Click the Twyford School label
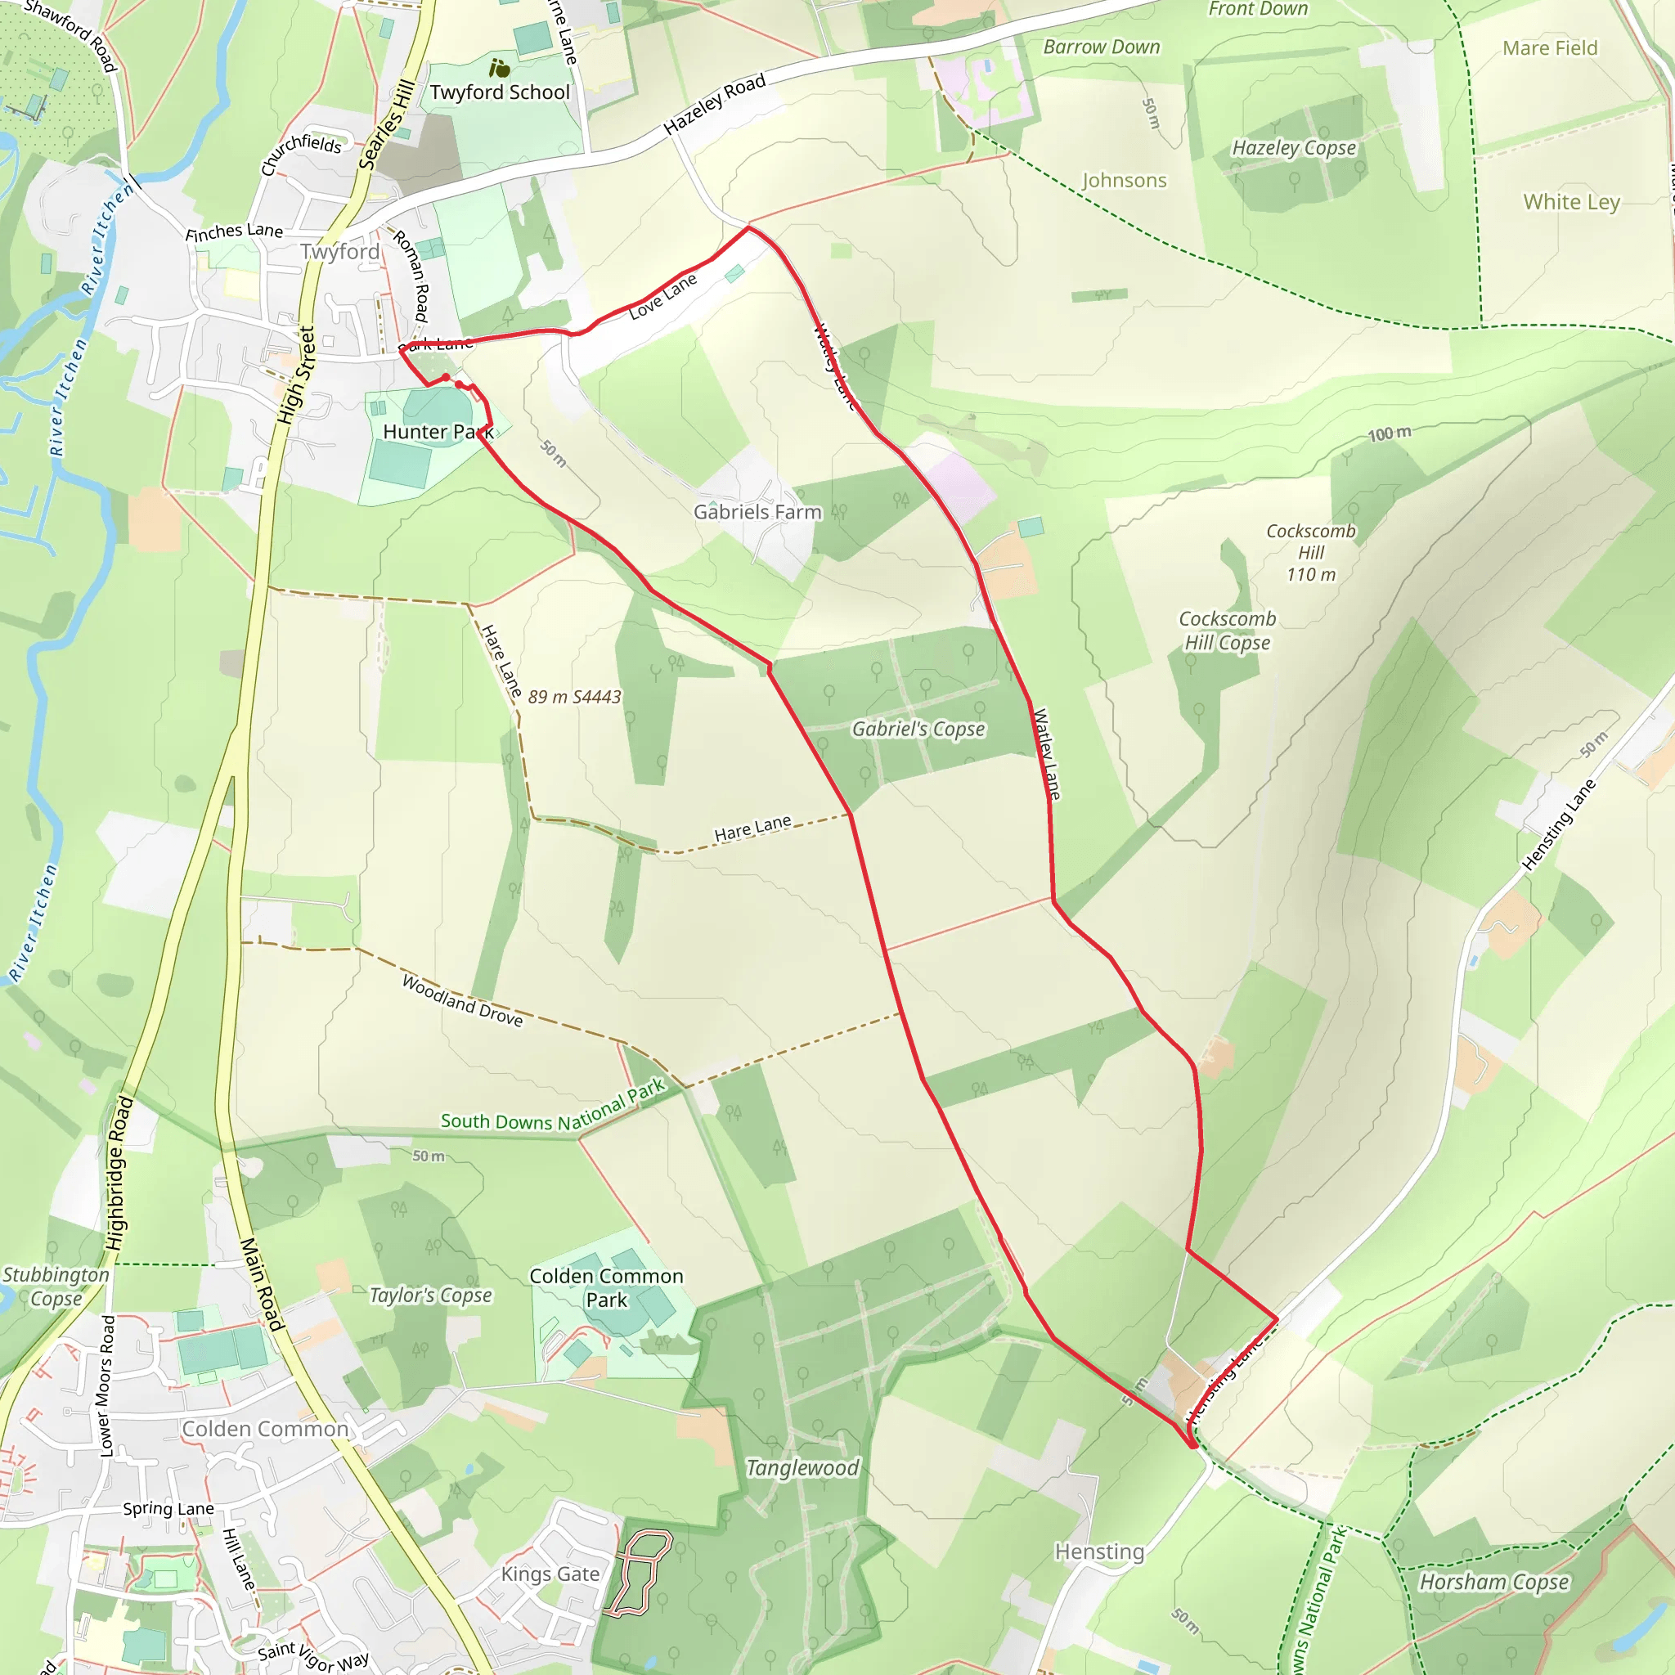tap(500, 92)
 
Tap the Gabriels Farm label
tap(757, 511)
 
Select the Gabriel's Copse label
tap(918, 729)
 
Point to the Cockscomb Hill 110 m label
tap(1310, 552)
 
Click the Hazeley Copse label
tap(1294, 148)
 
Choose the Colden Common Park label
tap(606, 1287)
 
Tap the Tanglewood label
tap(803, 1468)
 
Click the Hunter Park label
tap(438, 432)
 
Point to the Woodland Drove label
tap(462, 1000)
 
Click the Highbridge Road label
tap(119, 1173)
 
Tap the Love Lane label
tap(662, 297)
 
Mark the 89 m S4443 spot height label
tap(574, 697)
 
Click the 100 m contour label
tap(1389, 433)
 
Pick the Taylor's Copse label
tap(430, 1296)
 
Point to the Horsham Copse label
tap(1493, 1583)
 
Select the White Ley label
tap(1571, 202)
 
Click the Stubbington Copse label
tap(56, 1287)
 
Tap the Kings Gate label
tap(550, 1574)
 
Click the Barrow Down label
tap(1101, 47)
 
